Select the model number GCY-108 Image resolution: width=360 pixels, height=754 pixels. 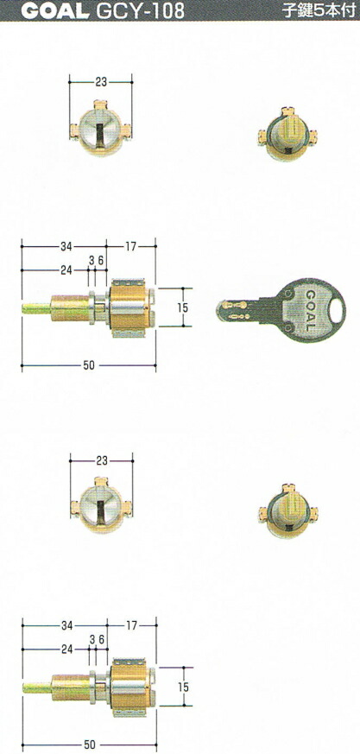tap(129, 11)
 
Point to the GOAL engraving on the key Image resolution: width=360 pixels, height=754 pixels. tap(306, 310)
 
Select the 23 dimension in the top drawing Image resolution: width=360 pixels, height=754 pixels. tap(101, 82)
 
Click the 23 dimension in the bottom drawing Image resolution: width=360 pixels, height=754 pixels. tap(101, 461)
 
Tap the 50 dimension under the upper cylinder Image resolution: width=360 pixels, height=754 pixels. tap(89, 365)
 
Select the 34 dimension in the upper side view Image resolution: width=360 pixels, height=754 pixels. tap(65, 247)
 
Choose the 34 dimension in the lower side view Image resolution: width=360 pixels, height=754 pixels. tap(65, 624)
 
